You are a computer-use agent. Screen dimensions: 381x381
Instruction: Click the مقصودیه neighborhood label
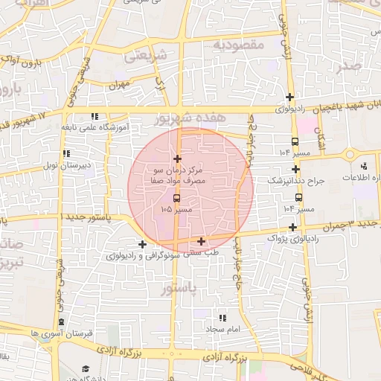point(240,45)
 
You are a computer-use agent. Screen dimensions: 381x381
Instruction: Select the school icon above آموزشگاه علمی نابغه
point(94,117)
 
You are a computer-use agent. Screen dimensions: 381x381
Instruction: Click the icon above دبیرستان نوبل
point(51,153)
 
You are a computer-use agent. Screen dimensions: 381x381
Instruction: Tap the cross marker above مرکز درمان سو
point(177,159)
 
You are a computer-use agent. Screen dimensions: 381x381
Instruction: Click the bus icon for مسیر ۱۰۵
point(177,198)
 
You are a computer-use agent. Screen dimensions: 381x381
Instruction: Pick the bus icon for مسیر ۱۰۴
point(295,141)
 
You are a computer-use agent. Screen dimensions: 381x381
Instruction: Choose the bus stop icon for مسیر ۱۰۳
point(298,197)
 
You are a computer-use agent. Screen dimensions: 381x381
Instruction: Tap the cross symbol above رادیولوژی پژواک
point(293,227)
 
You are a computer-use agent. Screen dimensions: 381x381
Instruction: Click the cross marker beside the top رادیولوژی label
point(289,97)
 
